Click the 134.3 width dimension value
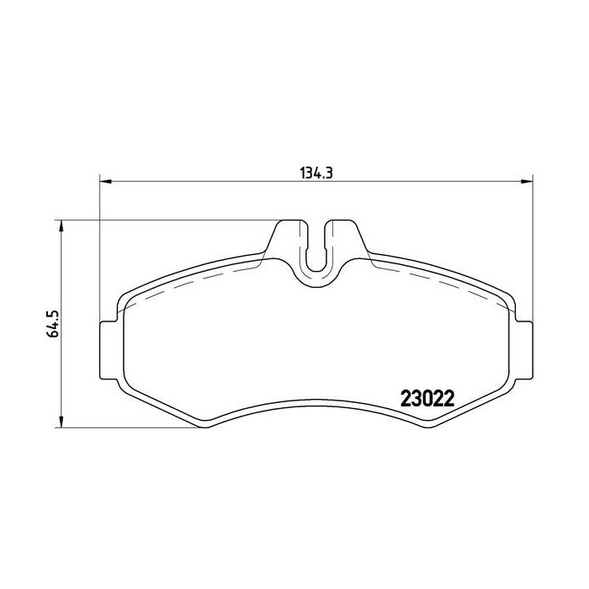316,173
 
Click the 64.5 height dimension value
51,323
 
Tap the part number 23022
427,398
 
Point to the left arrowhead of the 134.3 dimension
105,183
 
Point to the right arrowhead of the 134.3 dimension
527,183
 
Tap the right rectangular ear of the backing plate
523,351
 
